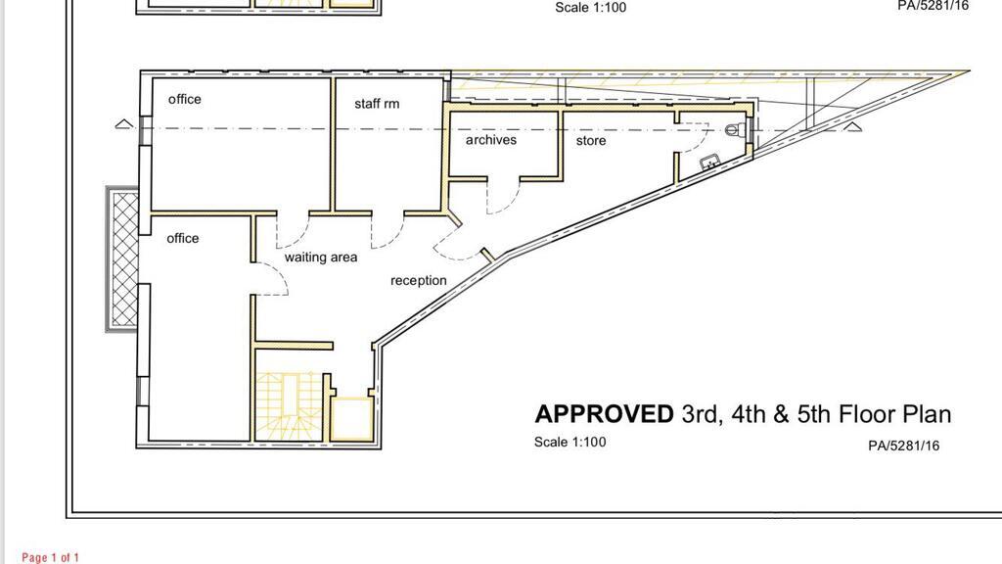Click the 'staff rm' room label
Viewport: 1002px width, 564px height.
click(377, 104)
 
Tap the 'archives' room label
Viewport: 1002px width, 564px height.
click(491, 139)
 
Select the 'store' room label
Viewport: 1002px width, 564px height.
click(590, 141)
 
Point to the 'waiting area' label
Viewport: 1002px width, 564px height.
click(321, 258)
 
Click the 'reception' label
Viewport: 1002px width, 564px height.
click(419, 280)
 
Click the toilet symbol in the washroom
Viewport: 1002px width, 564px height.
click(735, 130)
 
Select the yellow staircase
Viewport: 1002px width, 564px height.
click(289, 406)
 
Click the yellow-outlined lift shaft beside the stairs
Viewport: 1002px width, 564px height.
click(351, 419)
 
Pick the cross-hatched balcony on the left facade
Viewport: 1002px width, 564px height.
click(122, 259)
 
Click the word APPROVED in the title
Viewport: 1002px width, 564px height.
click(604, 414)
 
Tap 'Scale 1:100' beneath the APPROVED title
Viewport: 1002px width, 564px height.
click(570, 442)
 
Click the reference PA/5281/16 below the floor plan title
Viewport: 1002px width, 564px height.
click(903, 446)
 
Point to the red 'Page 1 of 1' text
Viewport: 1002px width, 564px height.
click(51, 557)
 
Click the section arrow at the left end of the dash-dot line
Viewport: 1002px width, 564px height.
click(124, 124)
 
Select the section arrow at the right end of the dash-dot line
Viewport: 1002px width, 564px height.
click(852, 126)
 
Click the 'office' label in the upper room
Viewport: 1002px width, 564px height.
click(185, 99)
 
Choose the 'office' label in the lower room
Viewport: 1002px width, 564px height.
click(183, 239)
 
